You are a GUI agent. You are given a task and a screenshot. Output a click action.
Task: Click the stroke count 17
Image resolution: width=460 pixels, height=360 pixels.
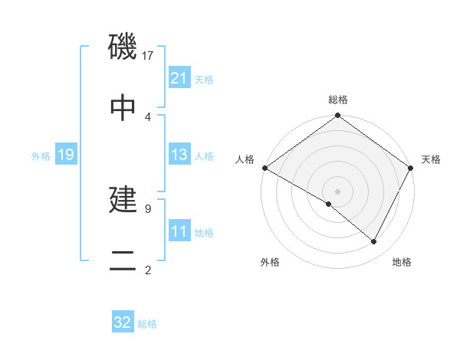click(x=148, y=56)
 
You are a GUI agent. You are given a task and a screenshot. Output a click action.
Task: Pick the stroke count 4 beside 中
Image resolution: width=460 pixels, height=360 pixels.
click(x=148, y=116)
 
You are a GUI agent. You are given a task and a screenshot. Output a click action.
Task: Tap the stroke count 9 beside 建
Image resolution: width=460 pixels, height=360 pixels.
click(x=148, y=208)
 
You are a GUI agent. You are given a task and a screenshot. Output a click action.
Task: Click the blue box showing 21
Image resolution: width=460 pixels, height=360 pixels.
click(x=179, y=78)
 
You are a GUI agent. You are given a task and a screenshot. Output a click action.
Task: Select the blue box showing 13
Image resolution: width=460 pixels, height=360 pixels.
click(x=179, y=155)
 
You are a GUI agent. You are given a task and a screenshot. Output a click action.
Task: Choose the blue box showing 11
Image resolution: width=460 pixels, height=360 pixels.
click(x=179, y=231)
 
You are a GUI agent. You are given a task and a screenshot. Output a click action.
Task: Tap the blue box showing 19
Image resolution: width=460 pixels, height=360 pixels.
click(x=65, y=155)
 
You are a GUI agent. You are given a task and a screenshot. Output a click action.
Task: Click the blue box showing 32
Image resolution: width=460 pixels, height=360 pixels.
click(x=123, y=322)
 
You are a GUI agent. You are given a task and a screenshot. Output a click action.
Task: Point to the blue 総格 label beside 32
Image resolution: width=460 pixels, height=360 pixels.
click(x=147, y=324)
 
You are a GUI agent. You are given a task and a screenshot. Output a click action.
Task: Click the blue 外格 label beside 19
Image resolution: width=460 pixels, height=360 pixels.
click(x=41, y=156)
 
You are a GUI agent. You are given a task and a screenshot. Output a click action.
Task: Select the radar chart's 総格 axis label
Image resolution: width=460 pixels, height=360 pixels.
click(x=338, y=100)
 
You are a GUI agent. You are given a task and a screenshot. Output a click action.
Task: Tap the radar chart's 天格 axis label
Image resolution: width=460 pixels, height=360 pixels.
click(x=431, y=159)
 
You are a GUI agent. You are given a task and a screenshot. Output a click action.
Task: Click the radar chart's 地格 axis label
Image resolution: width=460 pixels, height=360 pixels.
click(x=402, y=262)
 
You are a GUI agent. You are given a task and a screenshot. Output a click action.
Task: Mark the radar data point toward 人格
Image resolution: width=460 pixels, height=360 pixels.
click(x=264, y=168)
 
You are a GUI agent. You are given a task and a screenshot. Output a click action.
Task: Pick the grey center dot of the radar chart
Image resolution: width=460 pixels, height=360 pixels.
click(x=337, y=191)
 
